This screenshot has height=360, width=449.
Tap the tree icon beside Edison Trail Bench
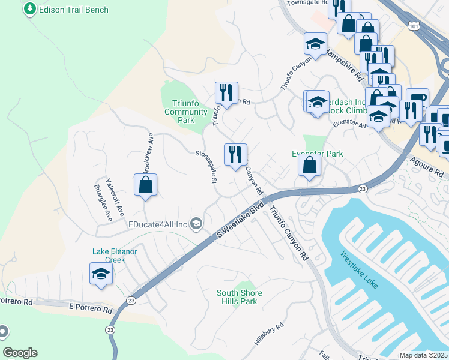pos(29,10)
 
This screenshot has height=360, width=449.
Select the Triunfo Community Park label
pos(186,112)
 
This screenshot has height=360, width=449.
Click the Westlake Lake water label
pos(360,270)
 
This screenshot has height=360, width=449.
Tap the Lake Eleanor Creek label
pos(115,256)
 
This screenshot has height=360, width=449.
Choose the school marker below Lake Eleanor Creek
pos(101,274)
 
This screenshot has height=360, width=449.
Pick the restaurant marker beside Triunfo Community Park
pos(226,93)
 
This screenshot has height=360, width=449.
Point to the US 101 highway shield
pos(413,26)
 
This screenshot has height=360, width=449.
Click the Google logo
pos(20,353)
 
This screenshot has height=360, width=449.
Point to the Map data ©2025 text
pos(423,355)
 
